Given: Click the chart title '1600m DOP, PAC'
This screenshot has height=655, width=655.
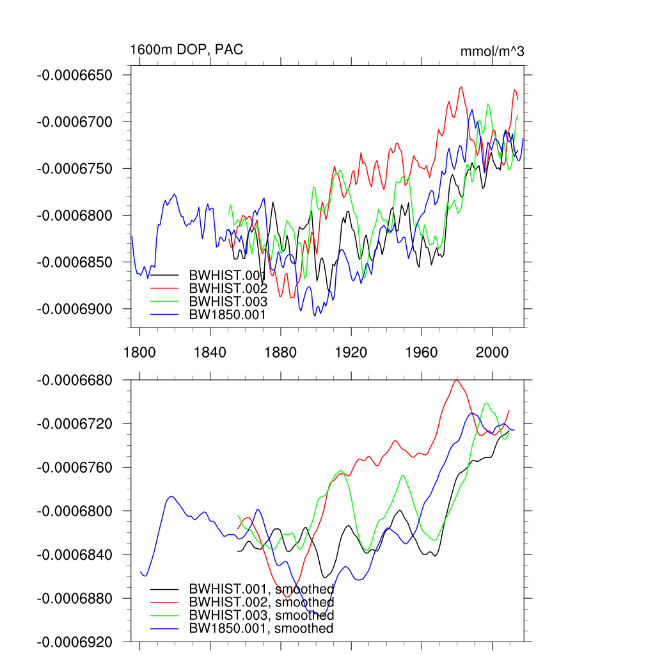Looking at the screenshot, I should click(187, 49).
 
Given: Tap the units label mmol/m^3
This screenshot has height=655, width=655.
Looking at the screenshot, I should click(492, 51).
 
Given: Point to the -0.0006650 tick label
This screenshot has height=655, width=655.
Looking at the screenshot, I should click(75, 75).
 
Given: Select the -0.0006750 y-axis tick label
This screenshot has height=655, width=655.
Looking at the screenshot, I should click(75, 169).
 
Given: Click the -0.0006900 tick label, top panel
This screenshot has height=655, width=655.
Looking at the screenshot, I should click(75, 309).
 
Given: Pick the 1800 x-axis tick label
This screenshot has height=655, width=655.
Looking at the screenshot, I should click(139, 352).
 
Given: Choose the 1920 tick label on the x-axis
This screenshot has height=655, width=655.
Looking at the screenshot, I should click(351, 352).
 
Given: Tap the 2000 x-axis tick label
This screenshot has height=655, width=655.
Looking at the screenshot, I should click(492, 352).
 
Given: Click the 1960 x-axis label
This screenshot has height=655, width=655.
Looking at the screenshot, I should click(422, 352).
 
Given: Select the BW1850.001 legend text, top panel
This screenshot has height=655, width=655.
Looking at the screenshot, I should click(227, 314).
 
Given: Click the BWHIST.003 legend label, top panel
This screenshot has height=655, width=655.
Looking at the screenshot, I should click(227, 301).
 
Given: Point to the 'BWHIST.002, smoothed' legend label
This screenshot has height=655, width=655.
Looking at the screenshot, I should click(262, 602).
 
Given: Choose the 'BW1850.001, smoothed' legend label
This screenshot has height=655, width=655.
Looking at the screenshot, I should click(262, 629).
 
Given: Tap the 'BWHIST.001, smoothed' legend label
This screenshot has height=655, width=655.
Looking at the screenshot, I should click(262, 588).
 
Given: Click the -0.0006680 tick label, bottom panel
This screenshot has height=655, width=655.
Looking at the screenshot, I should click(75, 381).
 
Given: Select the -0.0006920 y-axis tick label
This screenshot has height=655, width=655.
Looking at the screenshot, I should click(75, 642).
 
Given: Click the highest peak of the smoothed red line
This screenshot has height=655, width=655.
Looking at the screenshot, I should click(457, 381).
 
